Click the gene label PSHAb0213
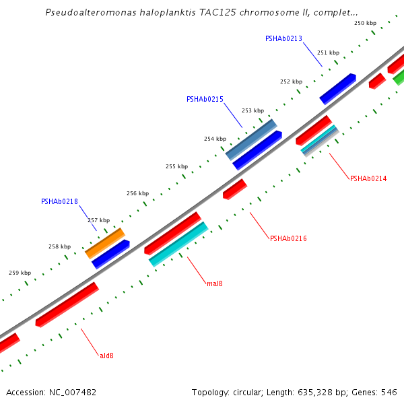[283, 38]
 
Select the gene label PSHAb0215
[205, 99]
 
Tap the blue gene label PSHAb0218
[59, 201]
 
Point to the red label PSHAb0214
[368, 178]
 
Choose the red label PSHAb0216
[288, 238]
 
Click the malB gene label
[215, 283]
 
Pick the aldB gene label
[106, 355]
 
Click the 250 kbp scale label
[365, 23]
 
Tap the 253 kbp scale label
[252, 110]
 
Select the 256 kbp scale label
[137, 193]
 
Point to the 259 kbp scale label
[20, 273]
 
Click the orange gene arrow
[104, 243]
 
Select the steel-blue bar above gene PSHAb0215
[251, 139]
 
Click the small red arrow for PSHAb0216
[235, 189]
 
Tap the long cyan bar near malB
[178, 244]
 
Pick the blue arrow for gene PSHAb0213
[337, 89]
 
